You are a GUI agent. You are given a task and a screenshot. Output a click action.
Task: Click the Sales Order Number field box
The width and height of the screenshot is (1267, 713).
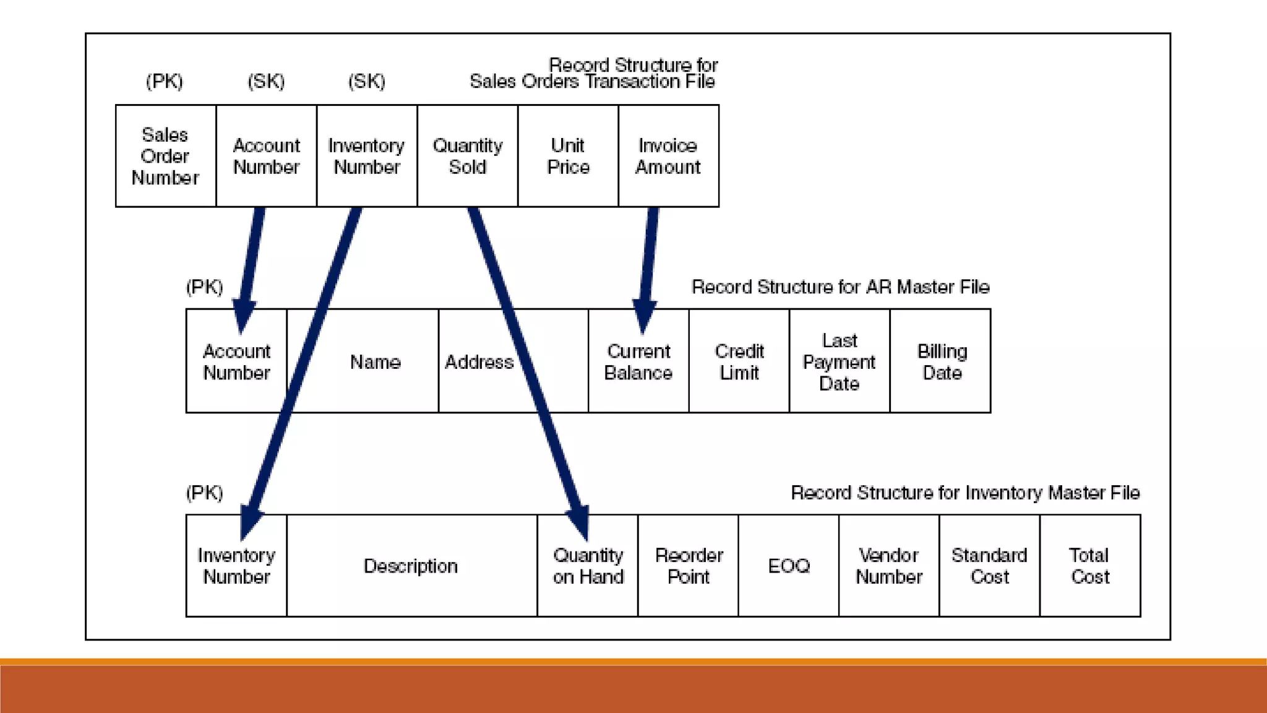pos(165,156)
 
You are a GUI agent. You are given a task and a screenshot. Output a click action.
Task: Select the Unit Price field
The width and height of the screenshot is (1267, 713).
pos(568,156)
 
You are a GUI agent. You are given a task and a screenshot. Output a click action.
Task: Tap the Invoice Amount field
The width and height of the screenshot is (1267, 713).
pos(668,156)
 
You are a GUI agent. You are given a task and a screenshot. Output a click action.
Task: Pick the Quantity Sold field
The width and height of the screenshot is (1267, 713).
pos(467,156)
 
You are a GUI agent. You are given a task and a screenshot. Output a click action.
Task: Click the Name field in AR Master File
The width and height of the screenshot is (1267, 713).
pos(375,361)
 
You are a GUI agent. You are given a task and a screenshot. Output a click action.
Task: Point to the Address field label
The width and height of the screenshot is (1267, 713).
pos(479,361)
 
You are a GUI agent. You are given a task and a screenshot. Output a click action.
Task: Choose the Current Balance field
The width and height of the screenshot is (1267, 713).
pos(638,361)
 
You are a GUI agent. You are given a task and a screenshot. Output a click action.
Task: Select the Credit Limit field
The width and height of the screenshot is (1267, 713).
pos(739,361)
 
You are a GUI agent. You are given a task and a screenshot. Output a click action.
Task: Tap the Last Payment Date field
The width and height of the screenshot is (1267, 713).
pos(840,361)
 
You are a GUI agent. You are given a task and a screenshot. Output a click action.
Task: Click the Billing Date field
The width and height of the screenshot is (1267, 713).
pos(942,361)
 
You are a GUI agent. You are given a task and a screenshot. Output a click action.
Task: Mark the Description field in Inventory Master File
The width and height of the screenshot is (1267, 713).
pos(411,566)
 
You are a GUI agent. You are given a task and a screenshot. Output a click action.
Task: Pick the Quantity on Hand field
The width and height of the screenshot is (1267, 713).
pos(588,566)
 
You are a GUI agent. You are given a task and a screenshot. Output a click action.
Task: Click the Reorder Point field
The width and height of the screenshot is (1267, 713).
pos(689,566)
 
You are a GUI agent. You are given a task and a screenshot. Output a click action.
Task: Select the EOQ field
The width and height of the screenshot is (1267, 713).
pos(789,566)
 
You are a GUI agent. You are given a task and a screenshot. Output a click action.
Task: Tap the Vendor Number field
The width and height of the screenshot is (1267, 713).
pos(889,566)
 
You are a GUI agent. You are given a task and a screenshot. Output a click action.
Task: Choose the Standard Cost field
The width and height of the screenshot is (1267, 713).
pos(989,566)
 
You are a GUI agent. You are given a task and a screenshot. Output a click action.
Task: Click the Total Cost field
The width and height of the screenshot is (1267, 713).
pos(1090,566)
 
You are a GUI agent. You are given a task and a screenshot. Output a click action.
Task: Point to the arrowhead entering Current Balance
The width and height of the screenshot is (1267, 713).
pos(644,316)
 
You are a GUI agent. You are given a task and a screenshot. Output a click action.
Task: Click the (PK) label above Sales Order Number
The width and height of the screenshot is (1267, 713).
pos(165,81)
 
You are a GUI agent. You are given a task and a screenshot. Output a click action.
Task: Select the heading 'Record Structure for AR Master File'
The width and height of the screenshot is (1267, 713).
pos(840,287)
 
